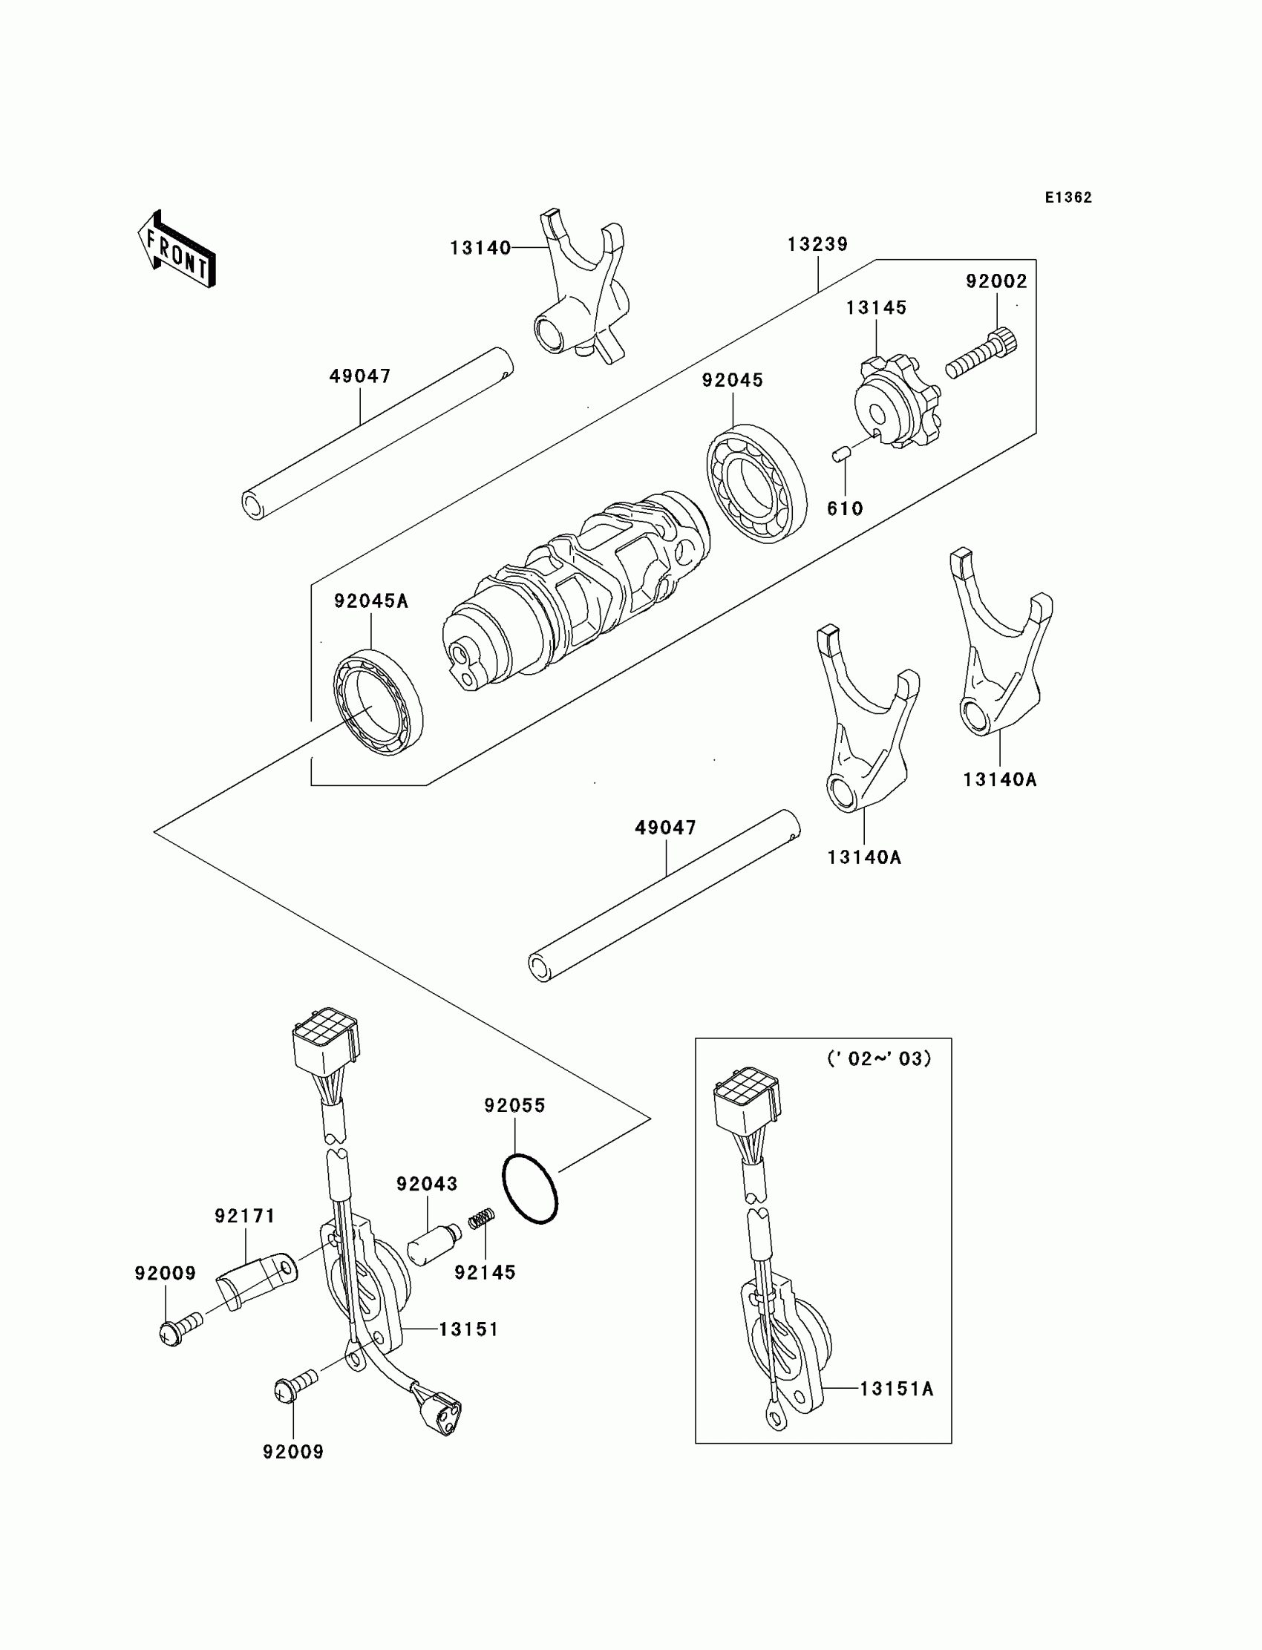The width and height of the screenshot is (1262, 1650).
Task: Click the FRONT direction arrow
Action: [x=177, y=251]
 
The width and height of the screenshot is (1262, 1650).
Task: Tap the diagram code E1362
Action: [x=1068, y=197]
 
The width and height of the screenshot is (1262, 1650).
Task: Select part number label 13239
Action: [x=817, y=244]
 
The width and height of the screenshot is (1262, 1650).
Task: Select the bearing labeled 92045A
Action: [x=378, y=701]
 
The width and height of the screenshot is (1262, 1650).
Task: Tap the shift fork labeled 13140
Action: [x=582, y=293]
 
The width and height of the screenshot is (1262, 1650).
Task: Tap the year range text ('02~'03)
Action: [x=878, y=1058]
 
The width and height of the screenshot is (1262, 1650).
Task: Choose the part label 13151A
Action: [x=896, y=1389]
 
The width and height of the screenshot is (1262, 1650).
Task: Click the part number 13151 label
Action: [x=468, y=1329]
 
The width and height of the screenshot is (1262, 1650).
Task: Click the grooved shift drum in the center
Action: [x=575, y=593]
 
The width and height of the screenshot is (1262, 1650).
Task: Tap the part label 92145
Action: [x=485, y=1272]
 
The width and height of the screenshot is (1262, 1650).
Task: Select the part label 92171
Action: [x=245, y=1215]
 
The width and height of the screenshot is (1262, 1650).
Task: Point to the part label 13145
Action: [x=876, y=307]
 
